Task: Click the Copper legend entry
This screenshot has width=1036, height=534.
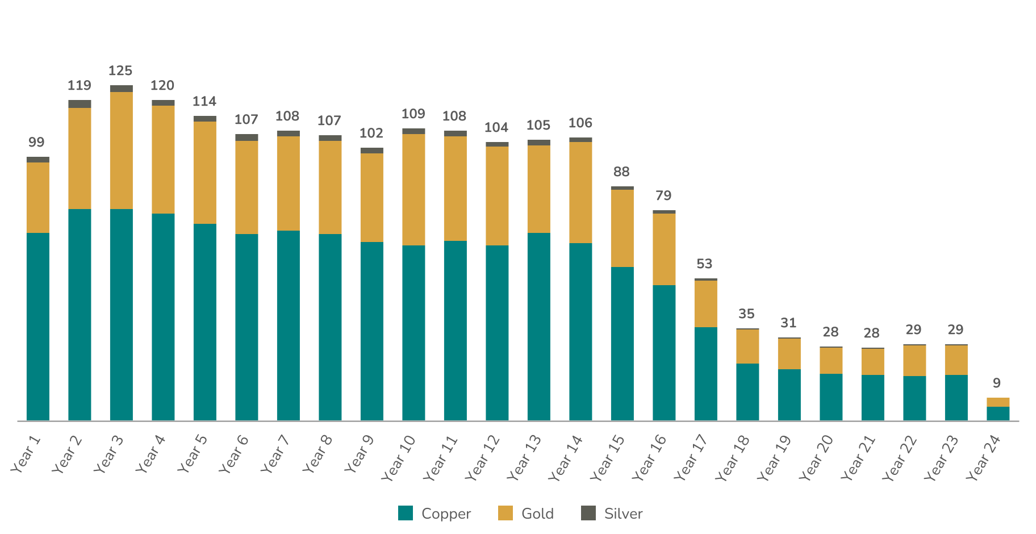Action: [435, 514]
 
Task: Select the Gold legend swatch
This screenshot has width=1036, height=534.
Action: [505, 514]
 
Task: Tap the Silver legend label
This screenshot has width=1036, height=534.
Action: [623, 514]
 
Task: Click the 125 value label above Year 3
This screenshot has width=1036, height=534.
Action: [120, 71]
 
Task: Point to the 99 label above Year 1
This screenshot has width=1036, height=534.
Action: [36, 143]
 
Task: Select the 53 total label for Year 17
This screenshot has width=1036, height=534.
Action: [704, 264]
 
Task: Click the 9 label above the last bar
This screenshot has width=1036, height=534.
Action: [997, 383]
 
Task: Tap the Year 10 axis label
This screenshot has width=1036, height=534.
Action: [399, 458]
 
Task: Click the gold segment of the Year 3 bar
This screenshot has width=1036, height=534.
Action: [121, 151]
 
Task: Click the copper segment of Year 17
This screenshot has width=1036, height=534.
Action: [705, 374]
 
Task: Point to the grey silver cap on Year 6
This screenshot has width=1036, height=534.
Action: [247, 137]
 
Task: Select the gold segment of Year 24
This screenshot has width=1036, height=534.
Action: [998, 402]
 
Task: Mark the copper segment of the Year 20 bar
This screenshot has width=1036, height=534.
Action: [831, 397]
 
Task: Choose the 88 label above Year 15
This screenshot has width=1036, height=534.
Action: [621, 172]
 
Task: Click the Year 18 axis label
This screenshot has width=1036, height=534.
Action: [733, 458]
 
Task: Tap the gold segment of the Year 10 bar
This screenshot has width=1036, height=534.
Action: [413, 190]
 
